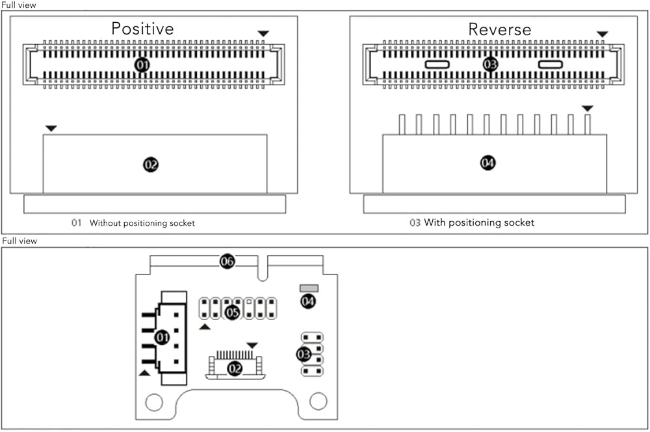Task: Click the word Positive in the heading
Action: point(142,29)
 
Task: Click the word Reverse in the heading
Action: point(499,29)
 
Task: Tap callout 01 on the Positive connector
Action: point(142,65)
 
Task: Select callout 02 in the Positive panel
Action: point(151,165)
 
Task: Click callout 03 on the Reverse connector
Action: point(490,64)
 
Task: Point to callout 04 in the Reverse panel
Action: point(488,163)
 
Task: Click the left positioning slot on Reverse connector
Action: point(437,64)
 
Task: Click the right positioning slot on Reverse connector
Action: point(550,64)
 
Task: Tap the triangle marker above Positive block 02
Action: point(51,128)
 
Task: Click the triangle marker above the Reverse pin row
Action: point(588,108)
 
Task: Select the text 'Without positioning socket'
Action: point(142,223)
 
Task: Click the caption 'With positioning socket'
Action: point(479,223)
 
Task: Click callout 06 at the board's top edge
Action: point(227,261)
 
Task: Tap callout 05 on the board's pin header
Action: point(233,312)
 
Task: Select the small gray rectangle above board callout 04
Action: point(309,288)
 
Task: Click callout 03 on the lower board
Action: point(304,355)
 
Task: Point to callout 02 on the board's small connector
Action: point(235,368)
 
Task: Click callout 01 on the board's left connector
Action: point(162,338)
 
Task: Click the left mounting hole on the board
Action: point(154,402)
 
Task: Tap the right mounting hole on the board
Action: point(318,401)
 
